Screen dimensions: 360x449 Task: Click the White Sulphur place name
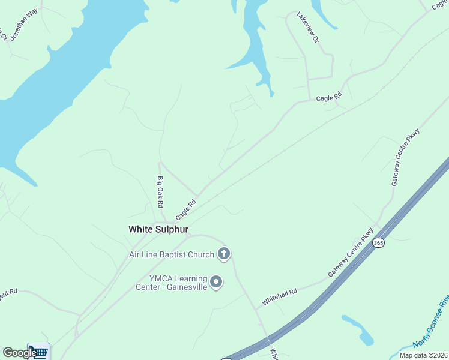158,229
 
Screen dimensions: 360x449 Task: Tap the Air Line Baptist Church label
172,254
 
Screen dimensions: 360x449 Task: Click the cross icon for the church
224,254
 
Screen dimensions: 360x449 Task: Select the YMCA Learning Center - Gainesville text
179,282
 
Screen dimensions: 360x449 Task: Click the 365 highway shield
378,243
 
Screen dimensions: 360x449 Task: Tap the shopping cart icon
39,352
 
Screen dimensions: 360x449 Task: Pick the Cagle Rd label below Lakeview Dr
328,97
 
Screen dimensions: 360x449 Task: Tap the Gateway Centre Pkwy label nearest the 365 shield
351,253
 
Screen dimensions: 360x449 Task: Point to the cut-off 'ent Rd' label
8,293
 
